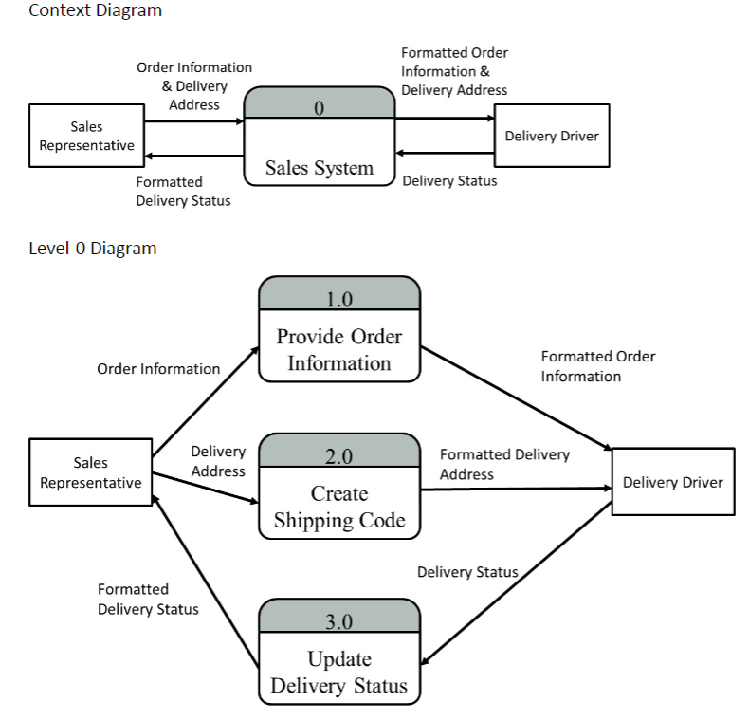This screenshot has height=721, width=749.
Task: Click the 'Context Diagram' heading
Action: pyautogui.click(x=95, y=11)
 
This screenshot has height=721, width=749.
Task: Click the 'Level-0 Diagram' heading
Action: pyautogui.click(x=92, y=249)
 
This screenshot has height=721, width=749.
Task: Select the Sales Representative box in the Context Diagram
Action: pyautogui.click(x=86, y=137)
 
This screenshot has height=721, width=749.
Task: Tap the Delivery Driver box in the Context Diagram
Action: pyautogui.click(x=552, y=137)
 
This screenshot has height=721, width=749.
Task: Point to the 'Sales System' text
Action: pyautogui.click(x=319, y=168)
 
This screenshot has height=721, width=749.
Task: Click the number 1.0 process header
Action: pyautogui.click(x=338, y=300)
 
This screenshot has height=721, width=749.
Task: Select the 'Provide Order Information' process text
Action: pyautogui.click(x=338, y=350)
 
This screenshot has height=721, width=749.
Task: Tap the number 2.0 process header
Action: pyautogui.click(x=338, y=456)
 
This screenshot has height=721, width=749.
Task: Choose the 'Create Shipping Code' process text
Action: pyautogui.click(x=338, y=507)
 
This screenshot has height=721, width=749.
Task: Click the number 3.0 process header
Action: pyautogui.click(x=338, y=622)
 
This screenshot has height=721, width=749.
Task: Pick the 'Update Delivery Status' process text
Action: pyautogui.click(x=338, y=673)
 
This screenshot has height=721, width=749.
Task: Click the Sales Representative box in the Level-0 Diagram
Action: pyautogui.click(x=91, y=472)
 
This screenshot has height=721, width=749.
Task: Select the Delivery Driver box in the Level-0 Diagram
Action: pyautogui.click(x=672, y=482)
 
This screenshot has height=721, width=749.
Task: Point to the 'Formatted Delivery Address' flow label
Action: pyautogui.click(x=504, y=464)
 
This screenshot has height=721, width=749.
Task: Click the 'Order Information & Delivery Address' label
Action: pyautogui.click(x=194, y=86)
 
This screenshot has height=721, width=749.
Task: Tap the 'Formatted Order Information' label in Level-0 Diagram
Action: pyautogui.click(x=597, y=366)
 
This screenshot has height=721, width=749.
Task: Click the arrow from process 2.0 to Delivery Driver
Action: pyautogui.click(x=517, y=489)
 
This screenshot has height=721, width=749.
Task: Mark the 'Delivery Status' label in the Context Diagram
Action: pyautogui.click(x=449, y=181)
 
